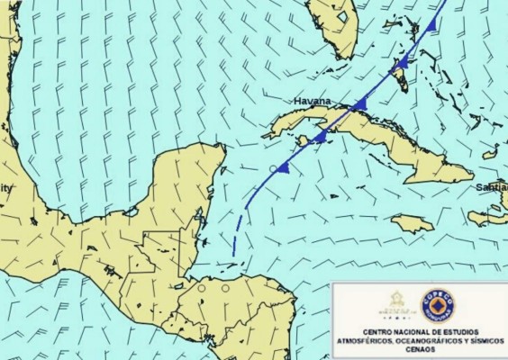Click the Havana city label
click(x=312, y=101)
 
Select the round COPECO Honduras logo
click(x=438, y=306)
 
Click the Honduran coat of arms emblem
click(x=396, y=301)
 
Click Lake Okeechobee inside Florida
click(x=342, y=15)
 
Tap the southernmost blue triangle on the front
click(x=282, y=167)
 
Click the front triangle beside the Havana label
click(x=359, y=104)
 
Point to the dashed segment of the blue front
click(x=237, y=236)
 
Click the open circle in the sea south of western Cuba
click(x=273, y=168)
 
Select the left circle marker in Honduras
click(x=202, y=289)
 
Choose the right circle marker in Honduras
click(x=225, y=289)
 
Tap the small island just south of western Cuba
click(x=304, y=140)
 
